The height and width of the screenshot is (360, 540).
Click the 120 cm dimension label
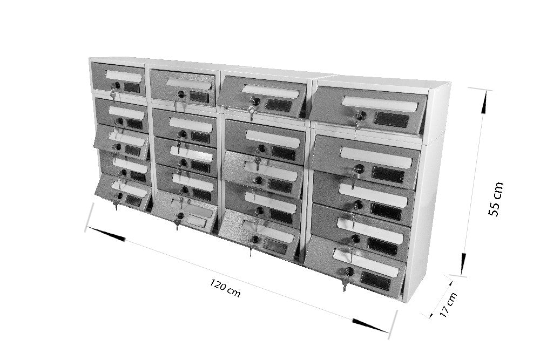click(x=225, y=288)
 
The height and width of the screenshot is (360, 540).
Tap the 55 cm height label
click(x=496, y=199)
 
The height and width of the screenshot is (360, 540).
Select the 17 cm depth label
click(x=448, y=304)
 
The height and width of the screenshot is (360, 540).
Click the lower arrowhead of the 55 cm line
click(x=463, y=264)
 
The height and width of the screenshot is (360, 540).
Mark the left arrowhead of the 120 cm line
click(x=106, y=234)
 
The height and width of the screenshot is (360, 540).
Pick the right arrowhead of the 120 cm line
click(x=370, y=326)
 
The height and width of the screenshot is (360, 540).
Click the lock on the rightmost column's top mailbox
click(x=361, y=116)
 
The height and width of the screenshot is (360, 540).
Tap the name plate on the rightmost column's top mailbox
click(x=391, y=119)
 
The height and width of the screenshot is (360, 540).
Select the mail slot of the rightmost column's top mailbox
click(x=380, y=104)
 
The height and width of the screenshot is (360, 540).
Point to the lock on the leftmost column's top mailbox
click(x=117, y=85)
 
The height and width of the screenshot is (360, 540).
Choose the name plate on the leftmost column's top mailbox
click(x=132, y=87)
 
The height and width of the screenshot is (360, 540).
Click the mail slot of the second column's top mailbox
click(x=188, y=84)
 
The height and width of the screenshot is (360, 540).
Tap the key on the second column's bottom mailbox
click(x=177, y=223)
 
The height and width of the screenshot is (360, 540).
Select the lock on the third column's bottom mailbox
click(x=255, y=239)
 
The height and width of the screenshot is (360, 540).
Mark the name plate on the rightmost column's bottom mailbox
click(x=375, y=281)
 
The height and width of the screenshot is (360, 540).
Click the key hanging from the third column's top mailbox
click(x=252, y=113)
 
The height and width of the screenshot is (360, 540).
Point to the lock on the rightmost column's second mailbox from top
click(x=359, y=169)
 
